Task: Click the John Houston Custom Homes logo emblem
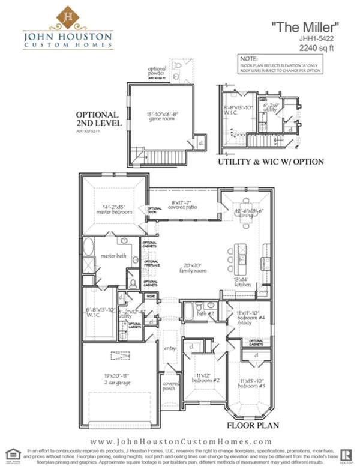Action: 68,17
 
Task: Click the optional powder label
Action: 157,72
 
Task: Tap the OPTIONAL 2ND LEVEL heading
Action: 98,118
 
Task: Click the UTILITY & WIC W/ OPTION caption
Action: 271,162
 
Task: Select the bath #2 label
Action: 207,313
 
